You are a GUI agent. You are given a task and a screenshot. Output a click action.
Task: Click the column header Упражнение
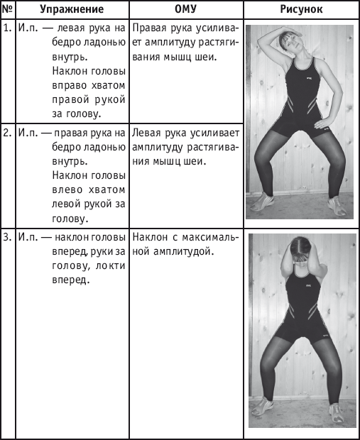tap(72, 9)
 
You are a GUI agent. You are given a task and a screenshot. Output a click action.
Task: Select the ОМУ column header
tap(185, 9)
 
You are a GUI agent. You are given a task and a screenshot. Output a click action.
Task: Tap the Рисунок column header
tap(301, 9)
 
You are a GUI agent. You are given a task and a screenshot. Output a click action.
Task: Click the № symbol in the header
tap(8, 9)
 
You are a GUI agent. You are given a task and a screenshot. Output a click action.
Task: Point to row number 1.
tap(8, 28)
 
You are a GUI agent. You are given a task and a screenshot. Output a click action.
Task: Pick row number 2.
tap(8, 133)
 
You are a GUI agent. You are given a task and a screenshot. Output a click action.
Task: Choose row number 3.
tap(8, 237)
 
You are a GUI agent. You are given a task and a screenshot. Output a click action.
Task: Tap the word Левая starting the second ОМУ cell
tap(146, 133)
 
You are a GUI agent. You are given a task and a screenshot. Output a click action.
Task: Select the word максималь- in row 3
tap(210, 238)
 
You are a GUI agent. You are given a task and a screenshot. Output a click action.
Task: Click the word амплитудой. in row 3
tap(184, 252)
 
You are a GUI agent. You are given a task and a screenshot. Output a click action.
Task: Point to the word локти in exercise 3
tap(110, 265)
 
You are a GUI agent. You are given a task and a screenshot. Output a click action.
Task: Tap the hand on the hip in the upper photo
tap(323, 123)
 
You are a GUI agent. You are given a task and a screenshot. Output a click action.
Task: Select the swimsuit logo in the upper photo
tap(309, 78)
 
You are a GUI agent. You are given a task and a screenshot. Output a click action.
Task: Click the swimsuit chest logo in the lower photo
tap(308, 286)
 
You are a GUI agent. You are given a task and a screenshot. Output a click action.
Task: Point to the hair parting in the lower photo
tap(301, 245)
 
